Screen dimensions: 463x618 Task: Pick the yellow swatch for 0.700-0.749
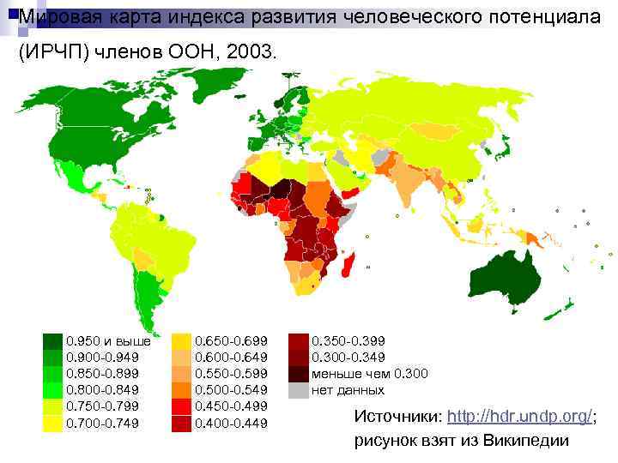tap(53, 423)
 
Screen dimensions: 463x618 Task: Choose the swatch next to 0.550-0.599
tap(182, 373)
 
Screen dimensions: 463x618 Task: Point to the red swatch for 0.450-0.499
tap(182, 406)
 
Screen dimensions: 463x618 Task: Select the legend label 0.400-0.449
tap(232, 423)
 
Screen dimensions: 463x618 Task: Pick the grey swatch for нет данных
tap(298, 390)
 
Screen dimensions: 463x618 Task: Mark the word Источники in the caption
tap(394, 416)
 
